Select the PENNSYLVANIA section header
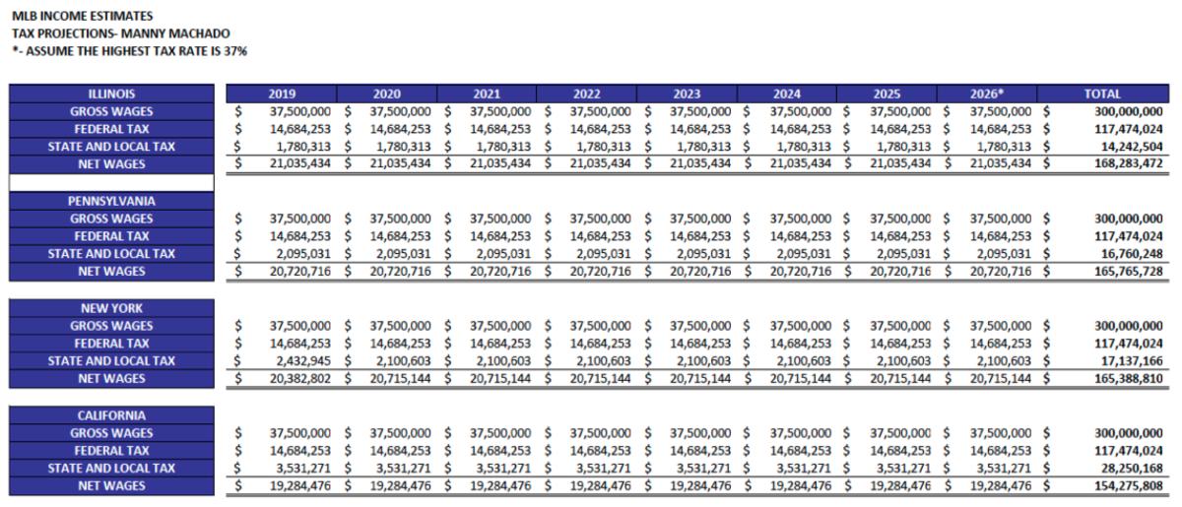(111, 201)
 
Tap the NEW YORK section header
(111, 308)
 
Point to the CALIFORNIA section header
(111, 415)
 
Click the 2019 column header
(282, 94)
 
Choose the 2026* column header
(987, 94)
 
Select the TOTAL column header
(1101, 94)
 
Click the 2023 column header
(688, 94)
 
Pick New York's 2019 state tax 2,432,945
(299, 361)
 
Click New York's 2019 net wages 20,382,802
(299, 379)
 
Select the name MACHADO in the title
(200, 33)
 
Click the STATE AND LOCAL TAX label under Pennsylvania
(111, 254)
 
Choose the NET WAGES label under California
(111, 486)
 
